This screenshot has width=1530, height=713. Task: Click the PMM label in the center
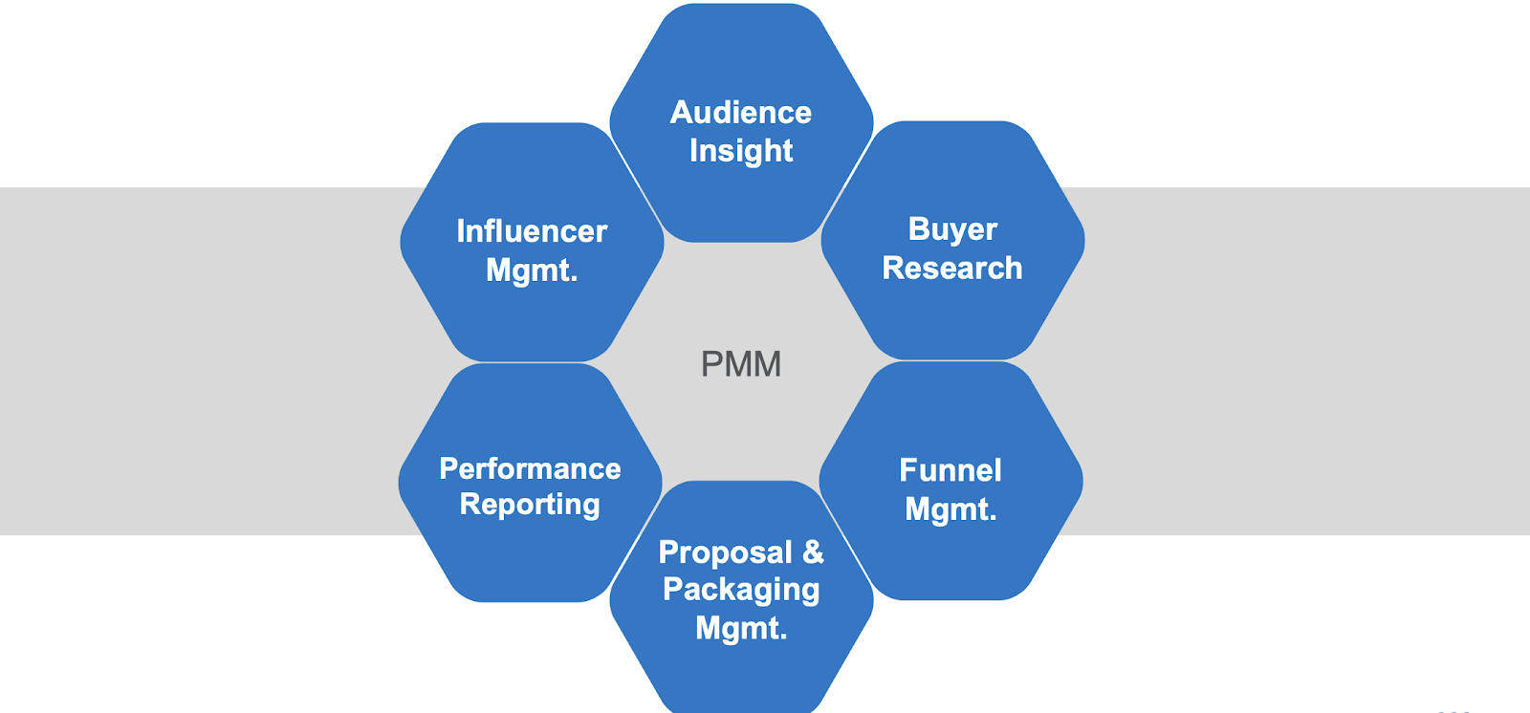point(741,364)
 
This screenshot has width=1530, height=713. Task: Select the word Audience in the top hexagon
point(741,113)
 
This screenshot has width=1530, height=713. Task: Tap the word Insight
point(741,151)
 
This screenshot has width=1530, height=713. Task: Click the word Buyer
point(952,229)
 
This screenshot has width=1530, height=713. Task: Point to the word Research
point(952,269)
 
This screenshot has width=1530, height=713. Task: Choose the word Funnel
point(951,470)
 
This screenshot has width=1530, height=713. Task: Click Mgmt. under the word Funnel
point(951,509)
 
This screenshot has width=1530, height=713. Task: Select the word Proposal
point(726,552)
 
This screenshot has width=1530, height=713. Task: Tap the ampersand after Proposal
point(813,551)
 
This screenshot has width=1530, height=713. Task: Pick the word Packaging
point(741,590)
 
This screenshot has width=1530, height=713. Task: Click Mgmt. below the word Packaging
point(741,628)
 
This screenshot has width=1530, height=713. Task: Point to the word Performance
point(530,468)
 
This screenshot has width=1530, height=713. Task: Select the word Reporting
point(530,505)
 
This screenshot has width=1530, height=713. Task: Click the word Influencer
point(532,231)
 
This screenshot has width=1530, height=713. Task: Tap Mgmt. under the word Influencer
point(532,270)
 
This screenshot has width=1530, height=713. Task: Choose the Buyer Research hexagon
point(952,315)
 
